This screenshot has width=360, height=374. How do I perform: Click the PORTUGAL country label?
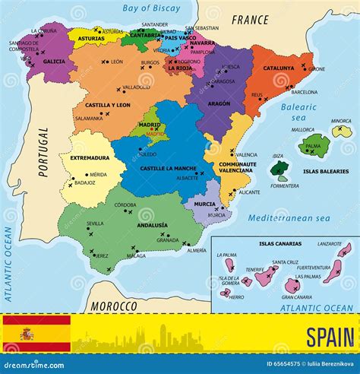click(x=43, y=152)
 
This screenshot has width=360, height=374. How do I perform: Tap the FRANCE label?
click(x=250, y=20)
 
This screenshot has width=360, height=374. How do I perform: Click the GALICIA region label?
click(x=54, y=61)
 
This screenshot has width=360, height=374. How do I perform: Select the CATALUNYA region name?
click(x=278, y=68)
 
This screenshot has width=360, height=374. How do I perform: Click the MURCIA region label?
click(x=204, y=204)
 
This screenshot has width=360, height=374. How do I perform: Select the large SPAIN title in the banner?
click(x=330, y=336)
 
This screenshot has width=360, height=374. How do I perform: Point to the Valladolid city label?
click(x=136, y=87)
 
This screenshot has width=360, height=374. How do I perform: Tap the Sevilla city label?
click(x=95, y=223)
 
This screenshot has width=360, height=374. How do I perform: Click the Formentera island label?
click(x=285, y=185)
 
